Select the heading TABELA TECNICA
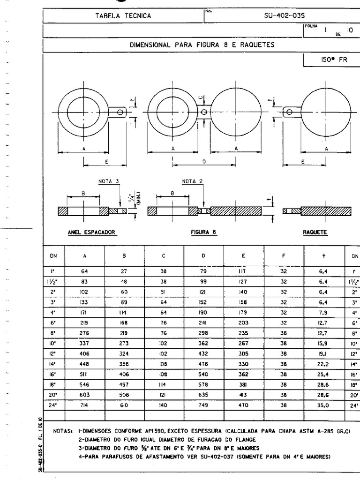pyautogui.click(x=123, y=16)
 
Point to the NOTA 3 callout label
pyautogui.click(x=107, y=181)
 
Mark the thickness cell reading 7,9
pyautogui.click(x=323, y=312)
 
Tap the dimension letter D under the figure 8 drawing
pyautogui.click(x=203, y=160)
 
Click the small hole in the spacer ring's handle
pyautogui.click(x=120, y=112)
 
